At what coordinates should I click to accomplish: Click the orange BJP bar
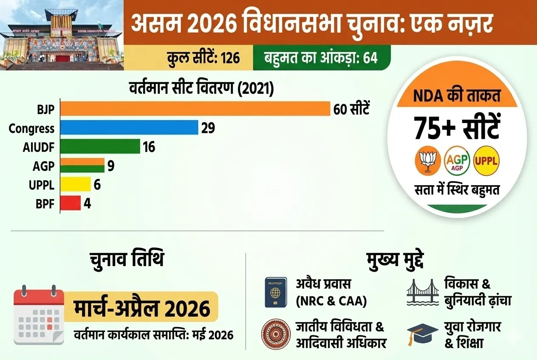point(195,109)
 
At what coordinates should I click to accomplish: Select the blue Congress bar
point(129,128)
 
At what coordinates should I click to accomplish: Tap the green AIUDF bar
point(100,146)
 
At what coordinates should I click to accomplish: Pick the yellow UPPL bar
point(75,184)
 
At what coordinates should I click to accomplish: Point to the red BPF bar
point(70,203)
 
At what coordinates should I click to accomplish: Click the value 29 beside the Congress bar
point(208,128)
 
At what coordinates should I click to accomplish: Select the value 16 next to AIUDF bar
point(149,147)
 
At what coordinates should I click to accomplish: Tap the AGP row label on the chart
point(44,166)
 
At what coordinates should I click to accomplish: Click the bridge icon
point(422,292)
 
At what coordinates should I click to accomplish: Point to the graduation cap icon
point(422,334)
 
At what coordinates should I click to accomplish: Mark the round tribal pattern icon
point(276,335)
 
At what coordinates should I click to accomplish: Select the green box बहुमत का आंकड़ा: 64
point(322,58)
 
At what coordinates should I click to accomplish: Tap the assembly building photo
point(62,35)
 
